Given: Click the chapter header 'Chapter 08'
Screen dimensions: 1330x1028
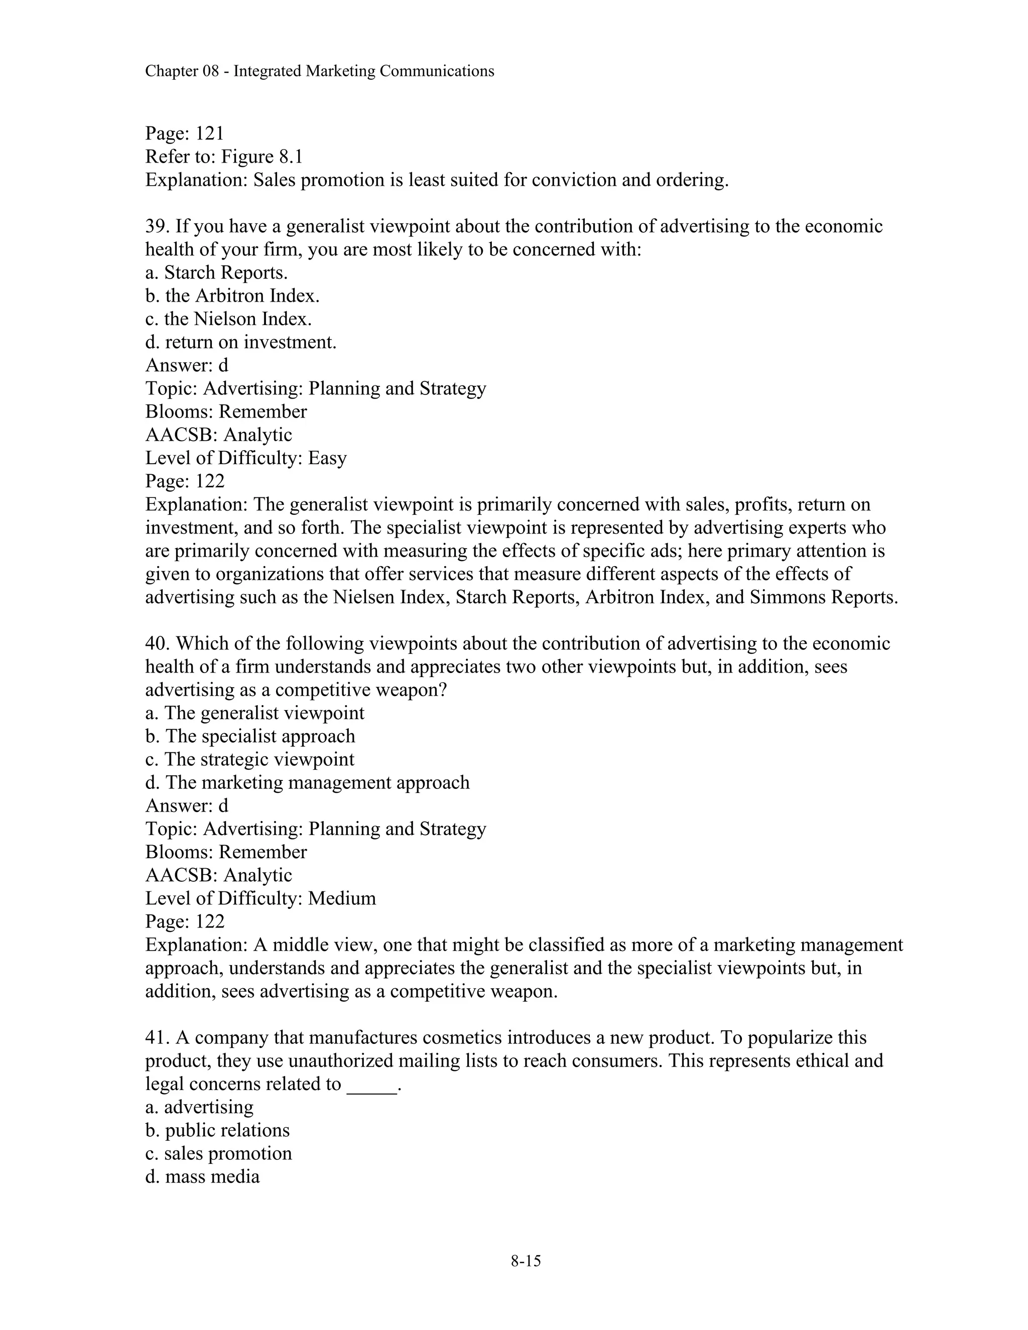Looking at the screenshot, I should pos(182,71).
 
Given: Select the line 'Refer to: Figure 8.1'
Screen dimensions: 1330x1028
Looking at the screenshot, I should pos(223,157).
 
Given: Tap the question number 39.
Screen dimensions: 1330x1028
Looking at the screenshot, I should pos(157,226).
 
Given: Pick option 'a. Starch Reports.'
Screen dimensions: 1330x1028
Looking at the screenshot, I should pos(216,273).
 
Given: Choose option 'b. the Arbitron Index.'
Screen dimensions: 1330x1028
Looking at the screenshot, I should pos(232,296).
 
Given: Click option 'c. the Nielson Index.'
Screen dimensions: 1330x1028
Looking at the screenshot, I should pos(228,319).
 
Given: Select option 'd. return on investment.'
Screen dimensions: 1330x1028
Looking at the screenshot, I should pos(240,342).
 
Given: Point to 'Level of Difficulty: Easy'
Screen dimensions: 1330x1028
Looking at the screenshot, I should pos(245,458).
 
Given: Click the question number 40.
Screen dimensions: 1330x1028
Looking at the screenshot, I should pos(157,644).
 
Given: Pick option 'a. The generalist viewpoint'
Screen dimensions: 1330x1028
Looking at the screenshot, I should pos(254,713).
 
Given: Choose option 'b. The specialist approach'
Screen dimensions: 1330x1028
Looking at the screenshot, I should pos(249,736).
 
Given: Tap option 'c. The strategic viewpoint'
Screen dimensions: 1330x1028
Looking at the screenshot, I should pos(249,759).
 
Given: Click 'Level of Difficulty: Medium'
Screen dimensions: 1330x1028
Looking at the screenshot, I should pos(260,898).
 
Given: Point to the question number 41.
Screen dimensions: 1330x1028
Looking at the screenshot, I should pos(157,1038).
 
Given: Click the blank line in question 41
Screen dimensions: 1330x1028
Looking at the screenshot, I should pos(371,1085).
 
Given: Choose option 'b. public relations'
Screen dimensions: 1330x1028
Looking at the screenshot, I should pos(217,1130).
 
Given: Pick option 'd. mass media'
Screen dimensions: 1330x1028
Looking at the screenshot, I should pos(202,1176).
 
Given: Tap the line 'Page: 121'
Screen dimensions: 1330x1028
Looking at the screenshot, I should pos(185,134).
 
